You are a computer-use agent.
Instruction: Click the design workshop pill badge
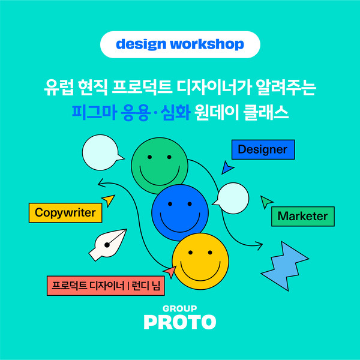[180, 44]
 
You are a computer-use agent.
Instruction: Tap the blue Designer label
[263, 149]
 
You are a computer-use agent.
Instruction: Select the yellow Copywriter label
[65, 213]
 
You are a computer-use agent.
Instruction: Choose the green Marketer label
[303, 216]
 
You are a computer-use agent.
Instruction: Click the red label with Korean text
[106, 286]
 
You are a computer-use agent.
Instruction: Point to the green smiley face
[160, 166]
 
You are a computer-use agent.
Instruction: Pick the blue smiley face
[180, 212]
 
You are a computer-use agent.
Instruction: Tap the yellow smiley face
[200, 261]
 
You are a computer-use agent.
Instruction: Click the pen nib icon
[107, 245]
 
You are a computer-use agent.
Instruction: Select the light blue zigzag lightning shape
[284, 266]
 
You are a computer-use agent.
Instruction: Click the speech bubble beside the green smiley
[101, 152]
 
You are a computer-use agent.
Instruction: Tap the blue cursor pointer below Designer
[227, 168]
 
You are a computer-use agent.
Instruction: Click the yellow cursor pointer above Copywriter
[109, 200]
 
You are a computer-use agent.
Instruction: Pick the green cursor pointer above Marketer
[266, 202]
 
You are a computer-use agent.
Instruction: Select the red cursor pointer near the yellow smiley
[170, 271]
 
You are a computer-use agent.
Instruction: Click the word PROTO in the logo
[180, 322]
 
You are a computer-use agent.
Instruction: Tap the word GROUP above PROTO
[180, 308]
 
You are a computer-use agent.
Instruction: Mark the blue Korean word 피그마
[94, 113]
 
